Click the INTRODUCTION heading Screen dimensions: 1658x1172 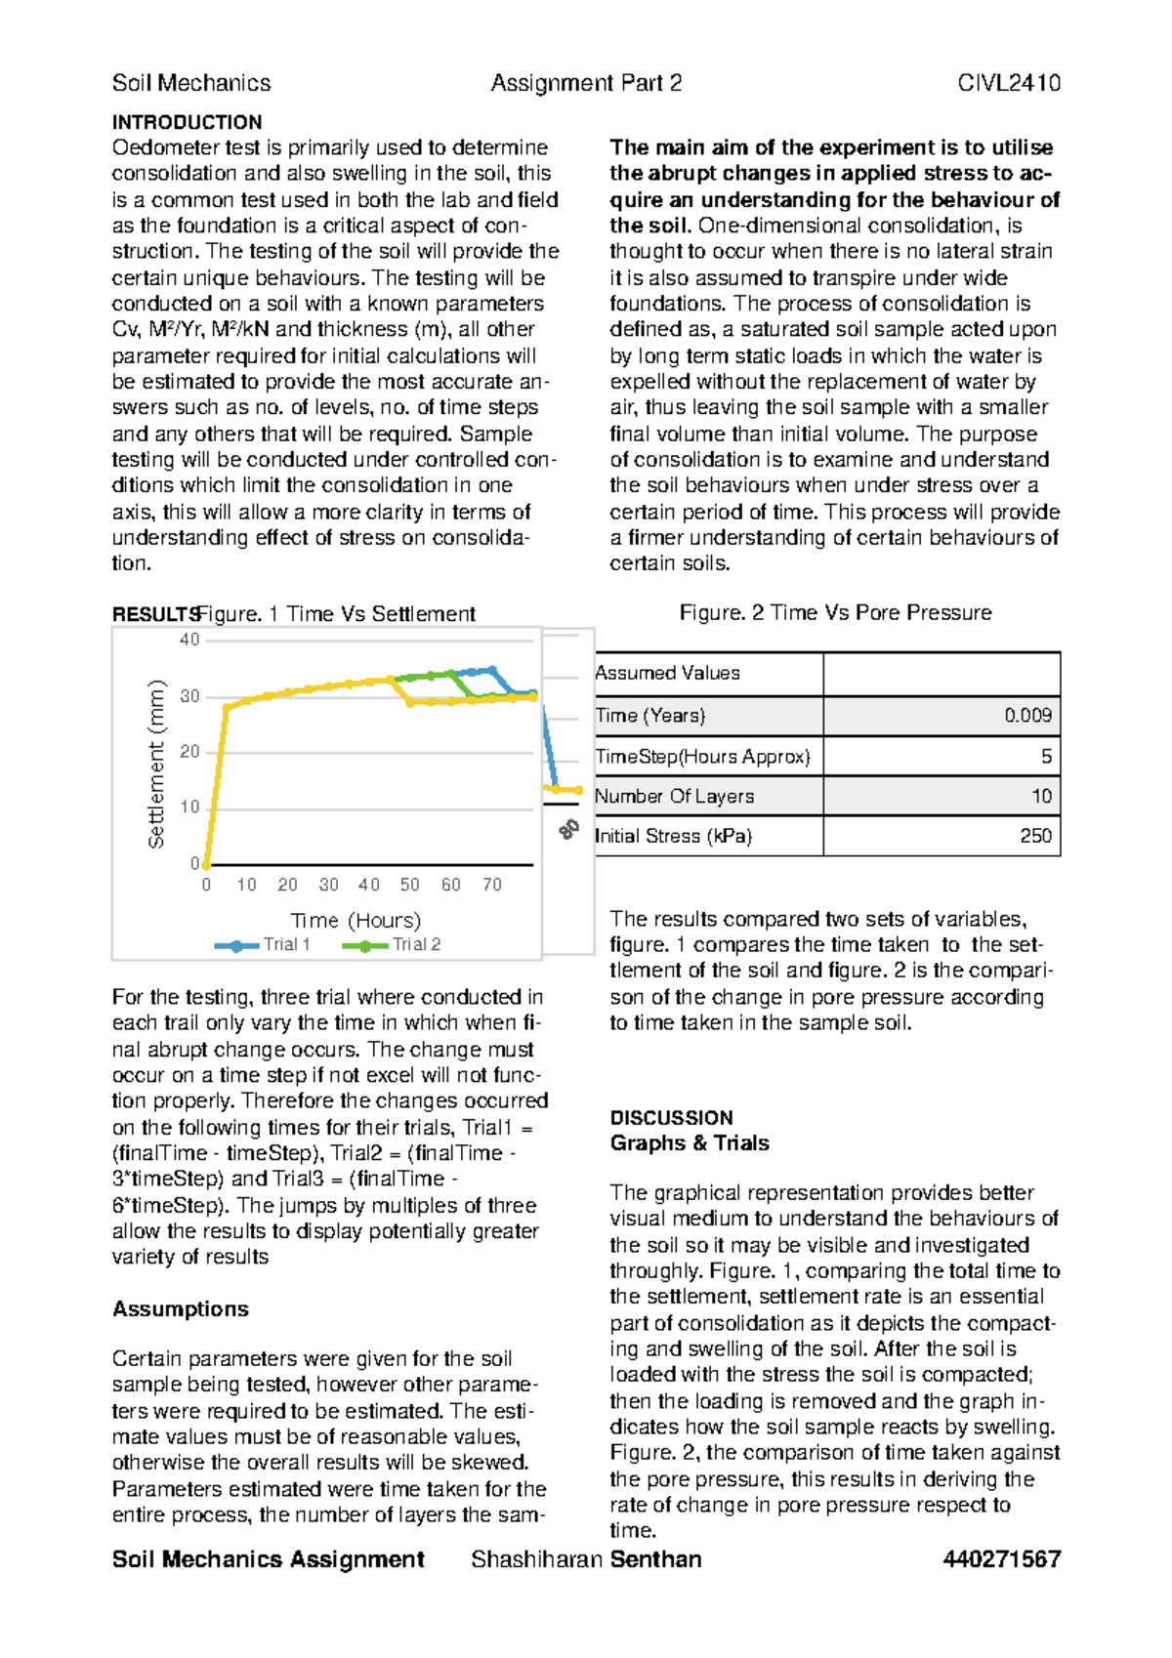pyautogui.click(x=187, y=122)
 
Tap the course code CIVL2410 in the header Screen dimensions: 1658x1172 pyautogui.click(x=1008, y=83)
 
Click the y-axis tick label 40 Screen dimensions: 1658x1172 pyautogui.click(x=189, y=640)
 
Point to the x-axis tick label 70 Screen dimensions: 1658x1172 pyautogui.click(x=491, y=885)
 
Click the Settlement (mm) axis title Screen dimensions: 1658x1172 pyautogui.click(x=156, y=764)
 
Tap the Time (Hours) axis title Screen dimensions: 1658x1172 pyautogui.click(x=356, y=920)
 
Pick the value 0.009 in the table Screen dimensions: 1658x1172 pyautogui.click(x=1027, y=716)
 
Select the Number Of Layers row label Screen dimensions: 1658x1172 pyautogui.click(x=674, y=796)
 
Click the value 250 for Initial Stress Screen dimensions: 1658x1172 pyautogui.click(x=1035, y=836)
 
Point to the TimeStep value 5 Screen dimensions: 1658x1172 pyautogui.click(x=1046, y=756)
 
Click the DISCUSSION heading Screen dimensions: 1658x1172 pyautogui.click(x=671, y=1117)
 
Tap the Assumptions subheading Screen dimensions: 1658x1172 pyautogui.click(x=181, y=1308)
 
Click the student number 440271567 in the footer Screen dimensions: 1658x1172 pyautogui.click(x=1001, y=1559)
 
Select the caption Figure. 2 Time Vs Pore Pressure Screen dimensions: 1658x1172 pyautogui.click(x=835, y=612)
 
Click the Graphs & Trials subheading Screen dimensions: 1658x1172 pyautogui.click(x=690, y=1142)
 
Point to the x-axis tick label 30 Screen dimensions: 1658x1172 pyautogui.click(x=328, y=885)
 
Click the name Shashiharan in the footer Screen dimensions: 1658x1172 pyautogui.click(x=537, y=1559)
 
